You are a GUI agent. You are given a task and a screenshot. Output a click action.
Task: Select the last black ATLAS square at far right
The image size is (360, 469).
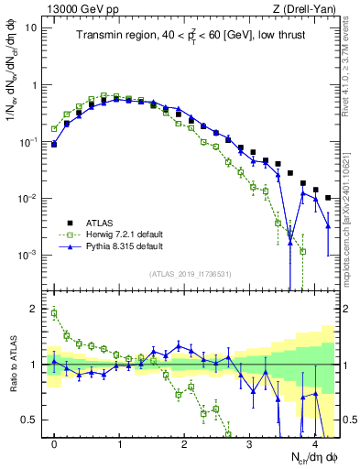(x=328, y=197)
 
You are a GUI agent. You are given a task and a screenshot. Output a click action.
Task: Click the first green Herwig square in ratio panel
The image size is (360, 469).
(x=55, y=313)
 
